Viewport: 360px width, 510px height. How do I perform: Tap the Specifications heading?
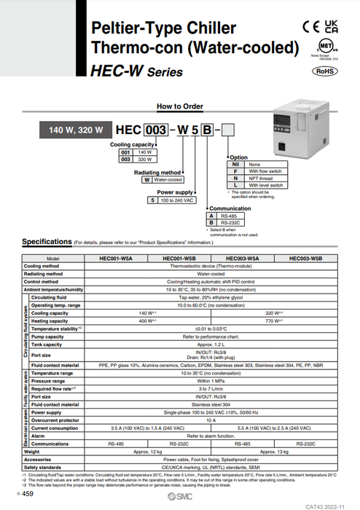tap(46, 241)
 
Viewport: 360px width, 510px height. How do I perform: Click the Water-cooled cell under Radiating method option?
tap(168, 178)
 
